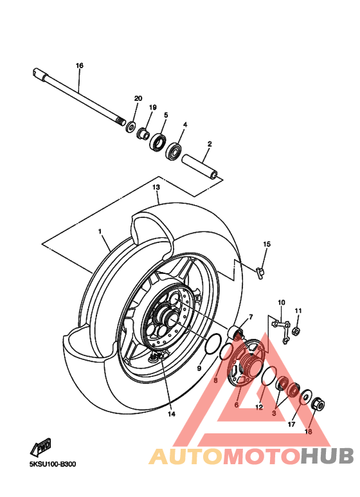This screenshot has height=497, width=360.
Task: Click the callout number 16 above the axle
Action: pos(80,66)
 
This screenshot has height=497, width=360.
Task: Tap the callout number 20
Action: pos(138,98)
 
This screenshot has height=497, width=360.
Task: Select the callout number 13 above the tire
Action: pos(156,186)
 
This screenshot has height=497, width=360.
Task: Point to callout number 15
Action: pos(267,244)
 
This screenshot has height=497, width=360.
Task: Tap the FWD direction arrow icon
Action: pos(40,446)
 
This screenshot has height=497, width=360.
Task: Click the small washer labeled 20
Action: pos(131,125)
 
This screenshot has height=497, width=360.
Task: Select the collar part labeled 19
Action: pos(144,133)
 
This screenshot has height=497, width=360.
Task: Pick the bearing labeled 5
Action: pos(158,141)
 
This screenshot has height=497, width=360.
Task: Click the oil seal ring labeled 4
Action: pos(174,152)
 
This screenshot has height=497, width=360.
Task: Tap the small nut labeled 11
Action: pos(297,332)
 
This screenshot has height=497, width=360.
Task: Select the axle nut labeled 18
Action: pos(318,404)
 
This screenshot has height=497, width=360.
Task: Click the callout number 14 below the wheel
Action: pos(172,414)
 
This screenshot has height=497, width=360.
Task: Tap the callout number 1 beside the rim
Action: pos(100,231)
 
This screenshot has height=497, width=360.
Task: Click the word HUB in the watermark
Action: pos(328,456)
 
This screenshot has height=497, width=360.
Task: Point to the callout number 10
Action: pos(281,302)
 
